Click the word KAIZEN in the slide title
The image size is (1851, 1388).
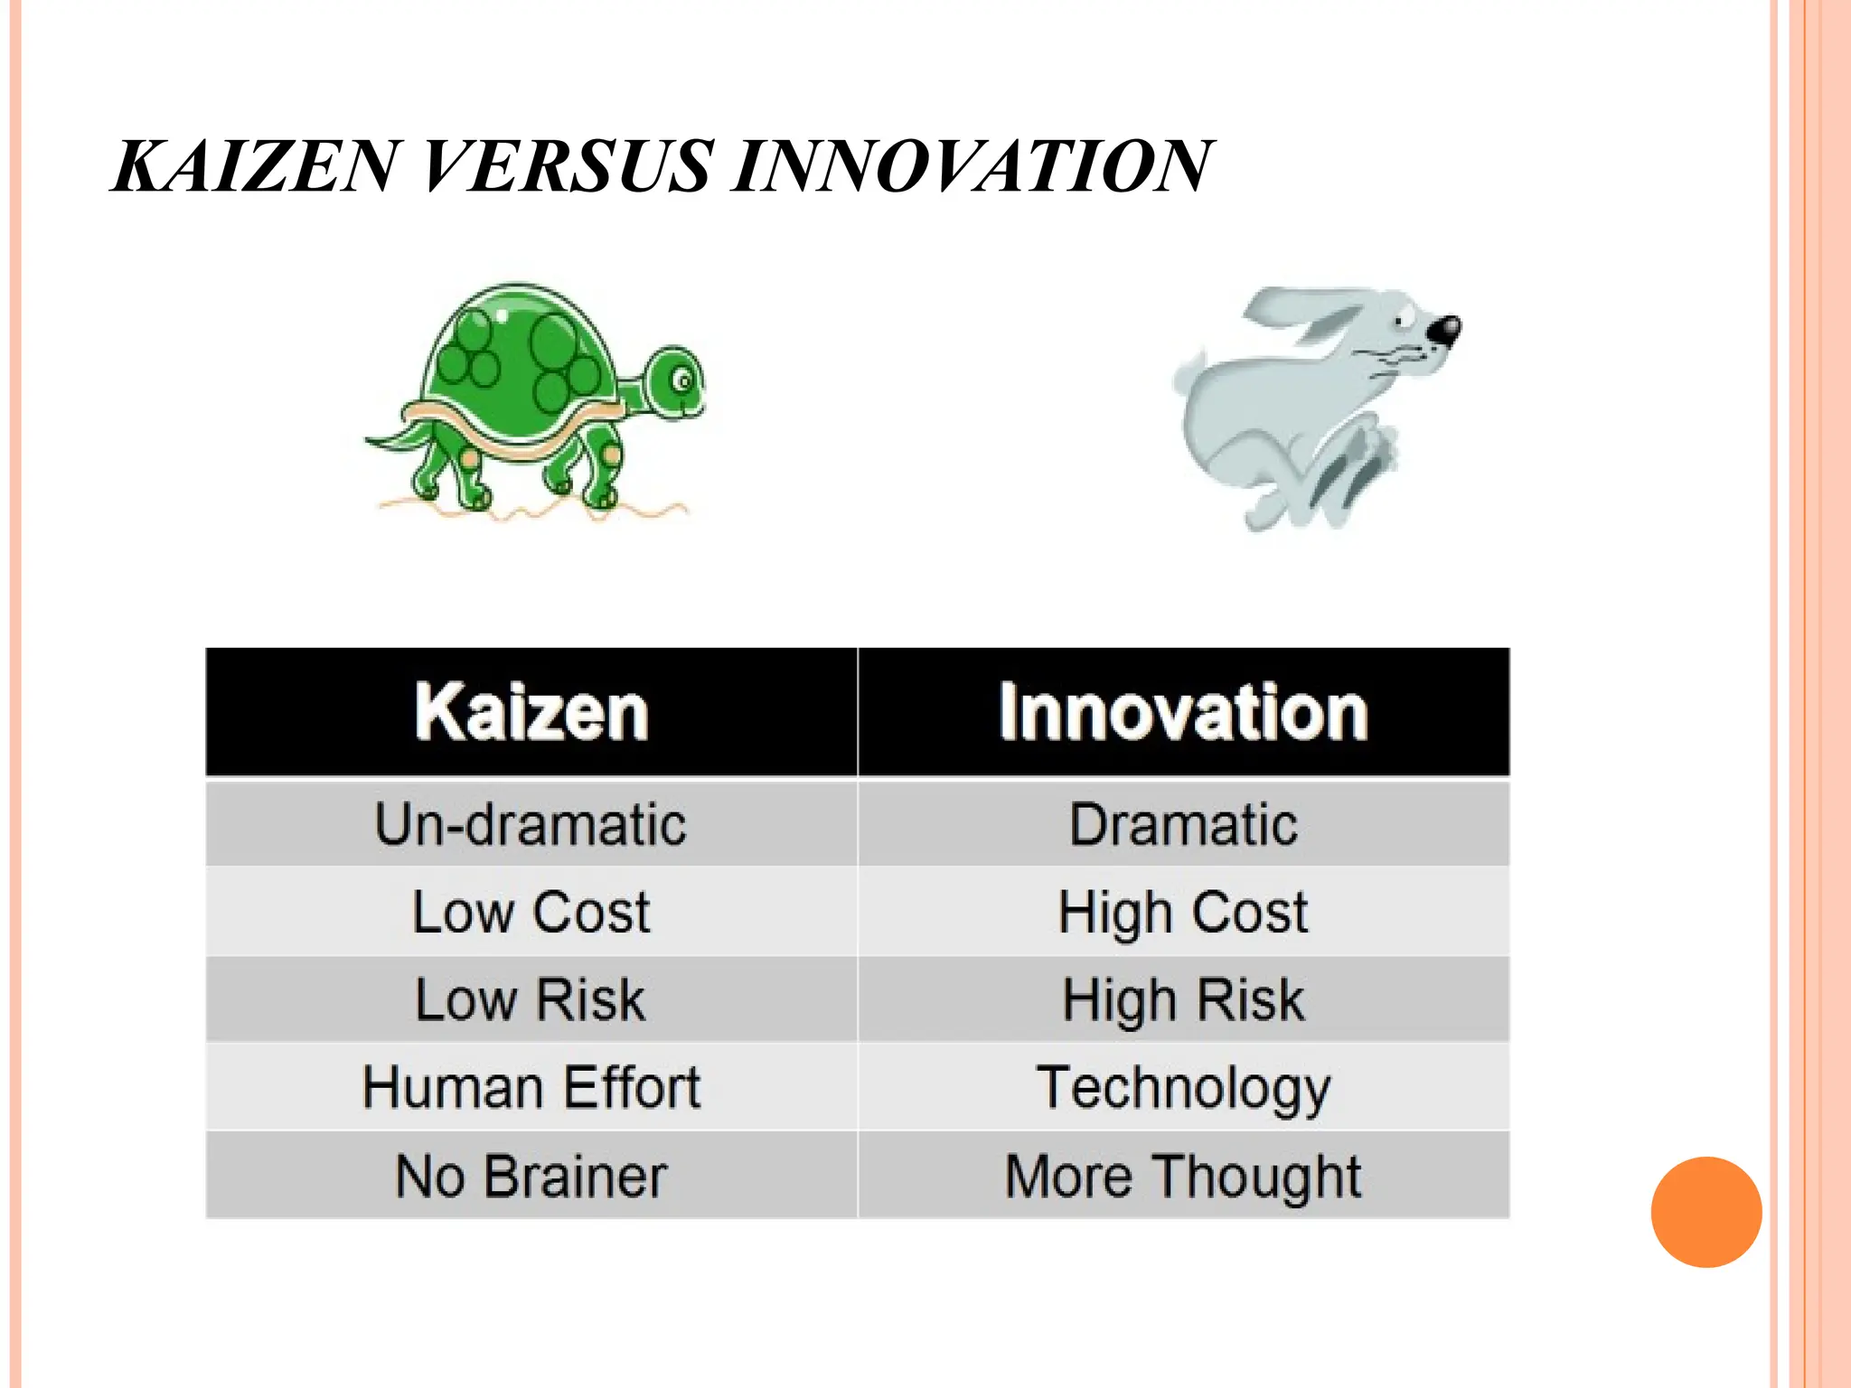(254, 167)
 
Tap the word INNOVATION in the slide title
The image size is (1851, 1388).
(971, 167)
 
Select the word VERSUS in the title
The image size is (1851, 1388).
(564, 167)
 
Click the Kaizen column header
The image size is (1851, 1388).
(531, 712)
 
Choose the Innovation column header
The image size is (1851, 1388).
(1183, 712)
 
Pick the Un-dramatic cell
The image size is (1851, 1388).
(531, 824)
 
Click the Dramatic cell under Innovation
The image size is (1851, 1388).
(1183, 824)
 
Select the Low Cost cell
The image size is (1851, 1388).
(531, 912)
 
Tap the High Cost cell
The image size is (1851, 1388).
(1183, 912)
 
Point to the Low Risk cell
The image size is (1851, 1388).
(531, 999)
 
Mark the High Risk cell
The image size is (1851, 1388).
(1183, 999)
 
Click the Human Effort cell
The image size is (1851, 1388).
(531, 1087)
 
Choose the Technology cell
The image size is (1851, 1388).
(1183, 1087)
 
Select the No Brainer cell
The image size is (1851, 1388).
(531, 1176)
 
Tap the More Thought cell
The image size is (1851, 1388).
(1183, 1176)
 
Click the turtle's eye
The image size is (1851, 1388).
(684, 380)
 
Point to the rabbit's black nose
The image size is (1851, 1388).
(1443, 330)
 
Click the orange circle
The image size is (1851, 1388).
(1705, 1212)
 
